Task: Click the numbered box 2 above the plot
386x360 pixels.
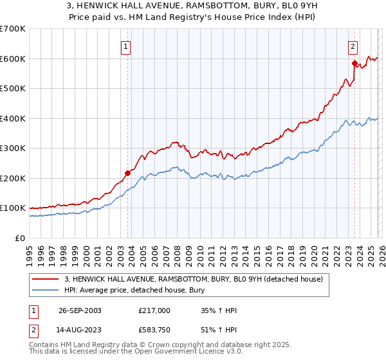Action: (353, 46)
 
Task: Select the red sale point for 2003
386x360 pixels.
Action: (128, 172)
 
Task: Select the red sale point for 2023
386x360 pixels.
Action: (354, 63)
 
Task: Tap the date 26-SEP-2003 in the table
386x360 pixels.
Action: (79, 310)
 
